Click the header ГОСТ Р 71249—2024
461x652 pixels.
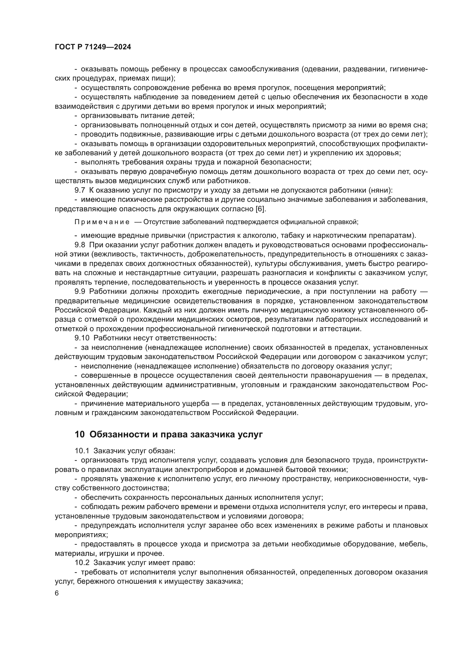click(x=93, y=47)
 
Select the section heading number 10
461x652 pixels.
click(x=79, y=435)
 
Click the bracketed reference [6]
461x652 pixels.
click(x=261, y=209)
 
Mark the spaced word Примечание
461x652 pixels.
click(x=102, y=222)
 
